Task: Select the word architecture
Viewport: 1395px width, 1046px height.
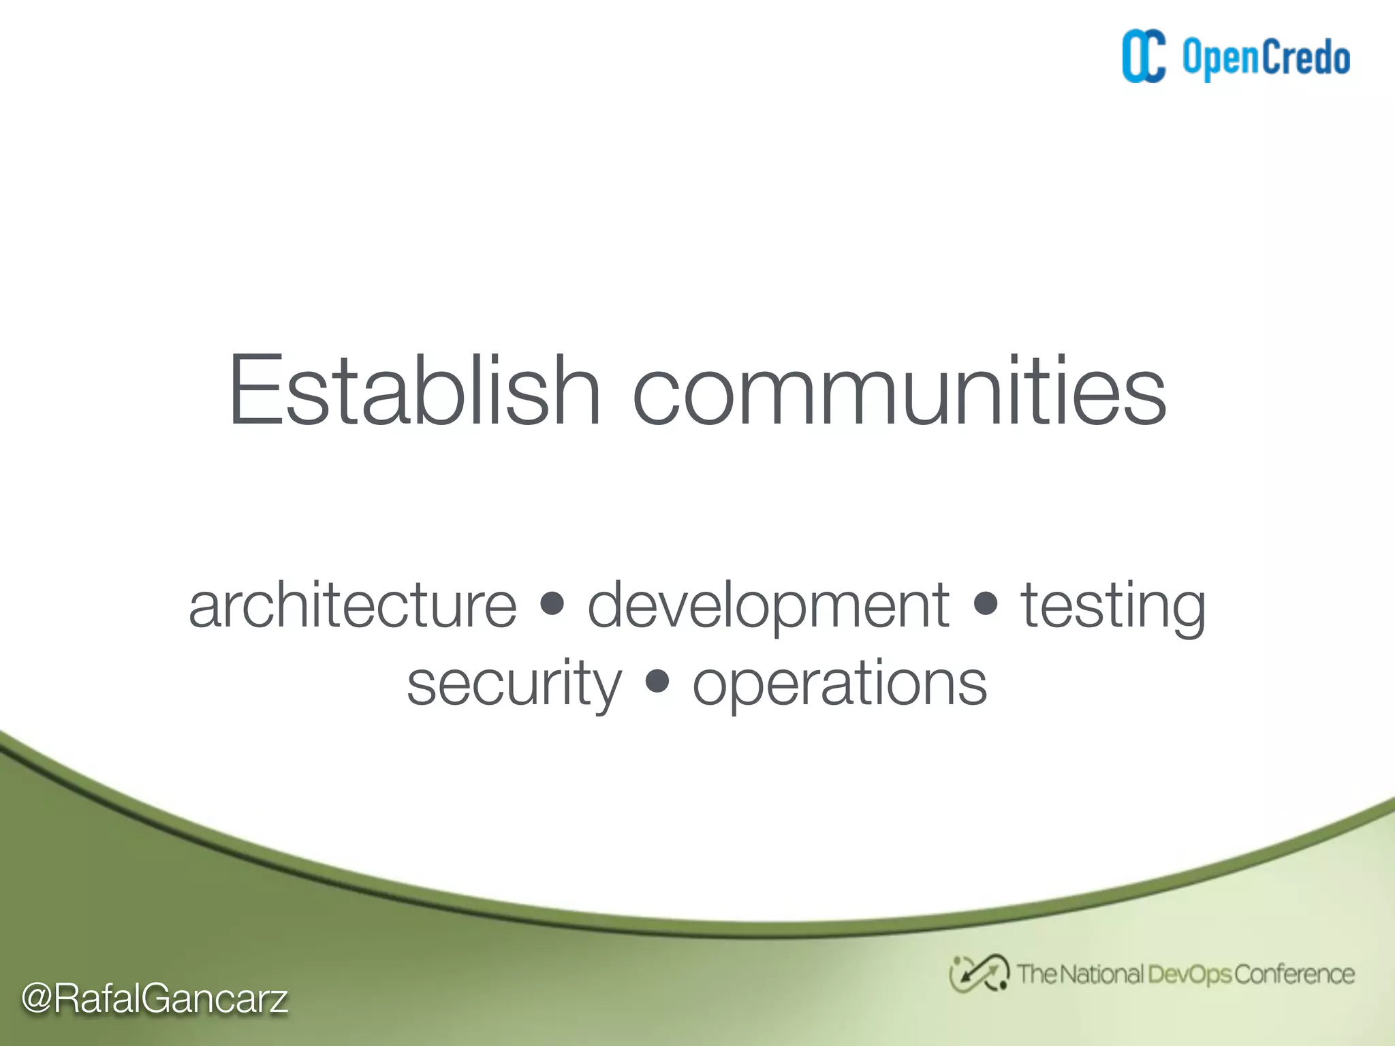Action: click(353, 605)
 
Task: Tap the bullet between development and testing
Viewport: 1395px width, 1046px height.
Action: click(986, 603)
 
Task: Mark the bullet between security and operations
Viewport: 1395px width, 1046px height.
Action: click(657, 680)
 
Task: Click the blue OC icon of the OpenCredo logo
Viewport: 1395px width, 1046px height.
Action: click(1144, 57)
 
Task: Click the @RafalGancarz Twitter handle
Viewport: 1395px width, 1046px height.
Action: click(155, 999)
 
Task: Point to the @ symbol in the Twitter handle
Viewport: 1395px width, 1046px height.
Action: click(37, 999)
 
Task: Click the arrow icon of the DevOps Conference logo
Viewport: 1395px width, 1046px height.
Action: click(979, 974)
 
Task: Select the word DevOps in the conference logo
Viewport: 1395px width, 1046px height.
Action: click(1189, 974)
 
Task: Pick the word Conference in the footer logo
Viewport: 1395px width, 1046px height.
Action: click(1294, 974)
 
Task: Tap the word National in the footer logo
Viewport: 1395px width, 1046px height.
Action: click(1101, 974)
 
